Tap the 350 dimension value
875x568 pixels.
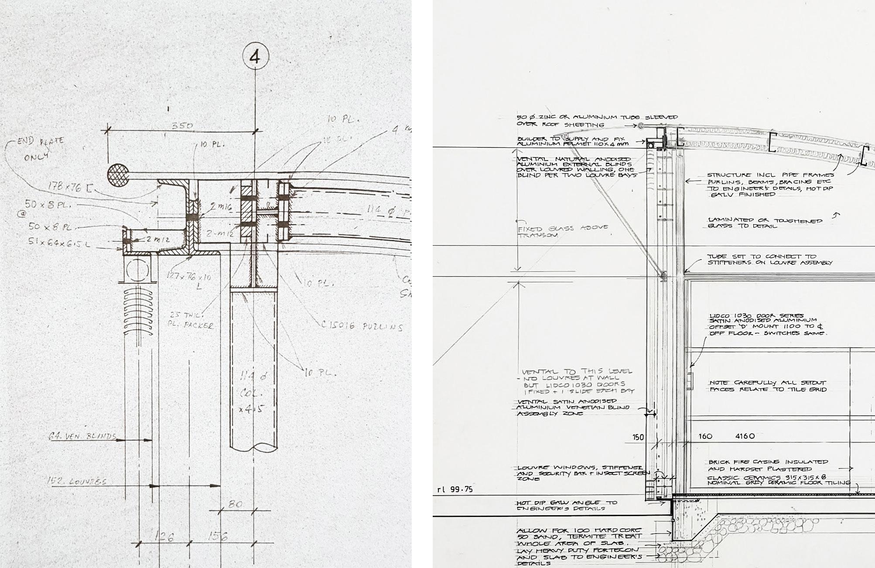pos(182,126)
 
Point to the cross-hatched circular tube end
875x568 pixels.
pos(118,175)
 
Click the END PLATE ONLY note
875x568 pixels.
pos(39,148)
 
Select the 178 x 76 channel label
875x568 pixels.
pos(70,188)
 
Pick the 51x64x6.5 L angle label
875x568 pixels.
pos(59,242)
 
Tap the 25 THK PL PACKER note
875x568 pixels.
pos(191,320)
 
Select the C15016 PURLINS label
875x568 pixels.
pos(362,326)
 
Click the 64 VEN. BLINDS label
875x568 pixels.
pos(82,436)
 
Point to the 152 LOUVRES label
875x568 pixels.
pos(77,481)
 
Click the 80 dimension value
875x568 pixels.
pos(235,504)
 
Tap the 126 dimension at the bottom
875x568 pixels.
pos(164,537)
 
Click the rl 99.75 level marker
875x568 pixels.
pos(455,489)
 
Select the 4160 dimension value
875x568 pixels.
pos(745,436)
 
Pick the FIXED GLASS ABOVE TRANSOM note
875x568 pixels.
pos(562,232)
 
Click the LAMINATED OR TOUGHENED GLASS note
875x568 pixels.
pos(764,223)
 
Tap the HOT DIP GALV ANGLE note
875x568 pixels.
pos(567,505)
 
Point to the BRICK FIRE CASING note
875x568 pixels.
pos(768,465)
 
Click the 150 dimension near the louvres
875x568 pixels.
pos(638,437)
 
